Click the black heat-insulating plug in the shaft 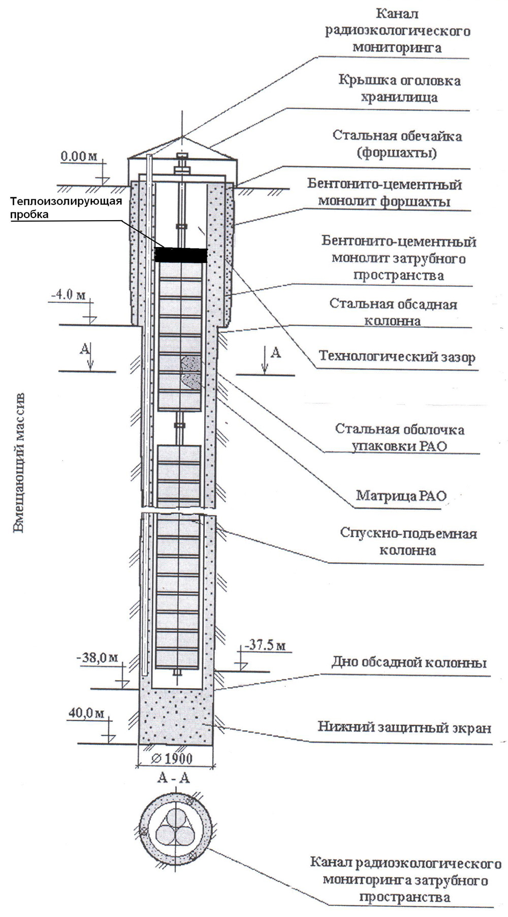pyautogui.click(x=180, y=255)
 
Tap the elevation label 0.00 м pyautogui.click(x=78, y=157)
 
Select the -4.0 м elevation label pyautogui.click(x=69, y=295)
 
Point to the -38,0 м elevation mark pyautogui.click(x=97, y=658)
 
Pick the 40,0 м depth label pyautogui.click(x=85, y=713)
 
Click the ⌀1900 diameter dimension pyautogui.click(x=172, y=758)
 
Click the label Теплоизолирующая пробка pyautogui.click(x=67, y=207)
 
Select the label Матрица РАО pyautogui.click(x=401, y=495)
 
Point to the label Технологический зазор pyautogui.click(x=397, y=357)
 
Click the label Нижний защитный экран pyautogui.click(x=404, y=727)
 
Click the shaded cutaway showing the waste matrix pyautogui.click(x=190, y=372)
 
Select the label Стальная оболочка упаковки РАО pyautogui.click(x=399, y=438)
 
